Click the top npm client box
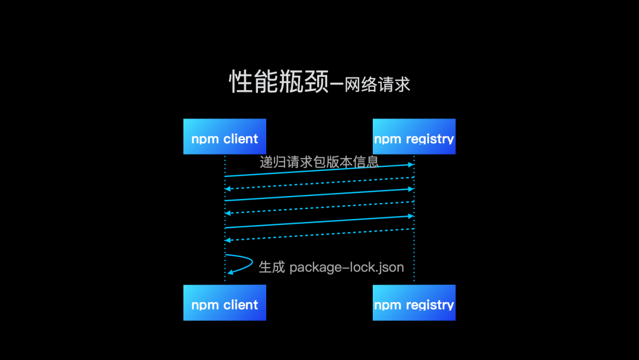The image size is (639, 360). click(x=224, y=137)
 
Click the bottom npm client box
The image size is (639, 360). click(x=224, y=303)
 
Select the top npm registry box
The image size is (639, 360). click(x=414, y=137)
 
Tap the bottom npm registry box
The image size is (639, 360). click(x=414, y=303)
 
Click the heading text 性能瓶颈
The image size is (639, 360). click(x=279, y=82)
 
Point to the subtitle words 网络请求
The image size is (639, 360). click(x=377, y=85)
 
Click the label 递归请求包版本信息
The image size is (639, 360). click(x=319, y=162)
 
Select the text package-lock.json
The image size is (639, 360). click(x=347, y=267)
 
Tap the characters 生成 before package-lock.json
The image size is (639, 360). click(x=272, y=267)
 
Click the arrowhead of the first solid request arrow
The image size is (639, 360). click(x=410, y=165)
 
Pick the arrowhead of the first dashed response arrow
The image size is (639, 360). click(x=228, y=188)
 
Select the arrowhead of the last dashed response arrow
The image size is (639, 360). click(x=228, y=240)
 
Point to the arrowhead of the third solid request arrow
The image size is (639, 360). click(x=410, y=216)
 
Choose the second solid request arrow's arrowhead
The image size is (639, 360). click(x=410, y=189)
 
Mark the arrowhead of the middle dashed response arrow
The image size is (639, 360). click(x=228, y=213)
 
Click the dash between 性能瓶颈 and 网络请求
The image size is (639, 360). click(x=337, y=86)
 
